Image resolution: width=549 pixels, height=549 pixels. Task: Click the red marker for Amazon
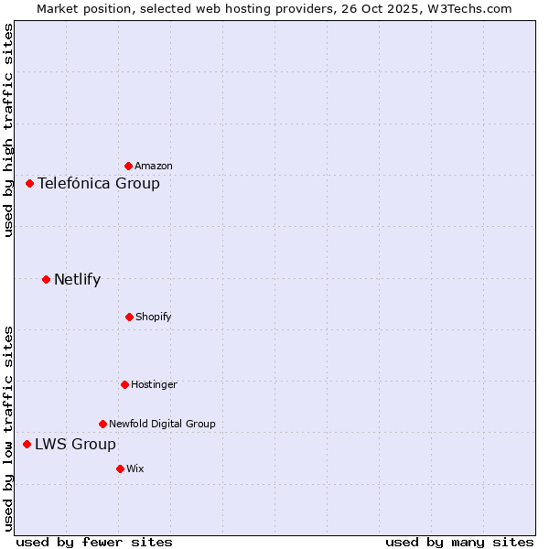tap(128, 166)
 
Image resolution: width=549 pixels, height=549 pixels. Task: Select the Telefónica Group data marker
tap(29, 183)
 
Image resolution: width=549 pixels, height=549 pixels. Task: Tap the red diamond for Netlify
tap(46, 279)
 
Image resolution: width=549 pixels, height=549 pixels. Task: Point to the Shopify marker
tap(129, 317)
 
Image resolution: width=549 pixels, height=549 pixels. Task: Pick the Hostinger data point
tap(124, 384)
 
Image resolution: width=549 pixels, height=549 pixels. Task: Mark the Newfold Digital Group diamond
tap(102, 424)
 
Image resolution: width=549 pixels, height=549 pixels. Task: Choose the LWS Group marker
tap(27, 444)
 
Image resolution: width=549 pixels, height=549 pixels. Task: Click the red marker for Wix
tap(120, 468)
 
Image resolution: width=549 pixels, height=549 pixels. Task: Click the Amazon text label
tap(154, 166)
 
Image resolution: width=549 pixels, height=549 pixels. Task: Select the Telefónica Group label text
tap(99, 183)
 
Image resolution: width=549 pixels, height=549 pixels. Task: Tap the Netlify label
tap(77, 279)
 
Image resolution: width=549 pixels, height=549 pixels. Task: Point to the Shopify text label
tap(154, 317)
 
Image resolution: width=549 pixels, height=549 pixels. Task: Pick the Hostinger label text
tap(154, 384)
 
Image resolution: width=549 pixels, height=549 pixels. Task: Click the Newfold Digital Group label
tap(162, 424)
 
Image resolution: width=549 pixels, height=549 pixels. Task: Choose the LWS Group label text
tap(75, 444)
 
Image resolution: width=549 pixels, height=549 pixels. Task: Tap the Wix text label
tap(135, 468)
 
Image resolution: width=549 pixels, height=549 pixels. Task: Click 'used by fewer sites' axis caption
tap(94, 542)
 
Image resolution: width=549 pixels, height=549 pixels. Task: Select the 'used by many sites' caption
tap(459, 542)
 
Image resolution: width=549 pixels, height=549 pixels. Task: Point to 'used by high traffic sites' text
tap(8, 130)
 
